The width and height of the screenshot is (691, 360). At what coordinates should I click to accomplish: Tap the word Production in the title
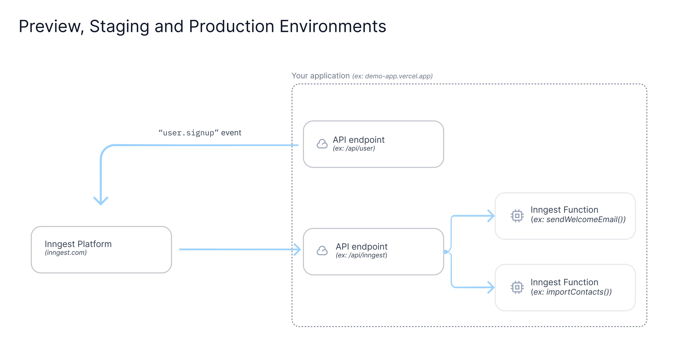click(231, 27)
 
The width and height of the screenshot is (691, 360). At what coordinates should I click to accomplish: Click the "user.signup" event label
click(200, 133)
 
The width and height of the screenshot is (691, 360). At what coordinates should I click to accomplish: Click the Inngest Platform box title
click(78, 244)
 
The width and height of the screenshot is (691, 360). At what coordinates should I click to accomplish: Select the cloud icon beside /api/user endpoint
click(322, 144)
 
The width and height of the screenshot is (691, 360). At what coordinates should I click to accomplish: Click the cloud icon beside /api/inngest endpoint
click(322, 251)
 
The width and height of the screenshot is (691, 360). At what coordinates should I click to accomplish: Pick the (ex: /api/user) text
click(354, 148)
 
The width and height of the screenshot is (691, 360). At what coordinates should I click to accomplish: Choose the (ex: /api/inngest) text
click(361, 255)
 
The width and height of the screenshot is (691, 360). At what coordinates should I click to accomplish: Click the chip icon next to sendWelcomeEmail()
click(517, 216)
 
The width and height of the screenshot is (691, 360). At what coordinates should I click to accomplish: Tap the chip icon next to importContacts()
click(517, 287)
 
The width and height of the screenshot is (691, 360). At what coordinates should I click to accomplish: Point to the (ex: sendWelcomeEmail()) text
click(578, 220)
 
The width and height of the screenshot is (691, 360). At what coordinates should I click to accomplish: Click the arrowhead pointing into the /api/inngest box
click(298, 250)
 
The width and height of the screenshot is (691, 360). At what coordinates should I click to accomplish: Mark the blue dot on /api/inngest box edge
click(446, 252)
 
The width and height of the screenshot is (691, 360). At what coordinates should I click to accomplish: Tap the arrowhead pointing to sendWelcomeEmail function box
click(491, 216)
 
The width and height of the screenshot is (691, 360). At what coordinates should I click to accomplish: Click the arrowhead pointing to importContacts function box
click(491, 287)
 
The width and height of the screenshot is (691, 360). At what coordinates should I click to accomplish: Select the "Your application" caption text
click(320, 76)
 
